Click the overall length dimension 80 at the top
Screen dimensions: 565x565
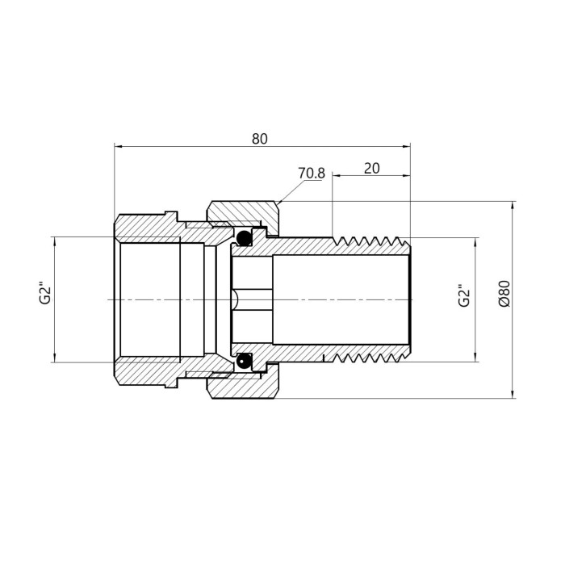[x=259, y=139]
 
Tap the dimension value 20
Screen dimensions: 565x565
[x=372, y=168]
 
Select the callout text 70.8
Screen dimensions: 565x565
[x=312, y=174]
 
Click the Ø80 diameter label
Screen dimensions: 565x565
[x=504, y=294]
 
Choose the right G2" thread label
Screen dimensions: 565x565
[x=464, y=296]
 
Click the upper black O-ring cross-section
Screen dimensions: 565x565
[x=244, y=237]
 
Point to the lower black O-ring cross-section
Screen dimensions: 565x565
[x=244, y=360]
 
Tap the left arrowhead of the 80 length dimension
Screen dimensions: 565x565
[x=119, y=146]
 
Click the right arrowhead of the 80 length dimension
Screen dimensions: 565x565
[x=406, y=146]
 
